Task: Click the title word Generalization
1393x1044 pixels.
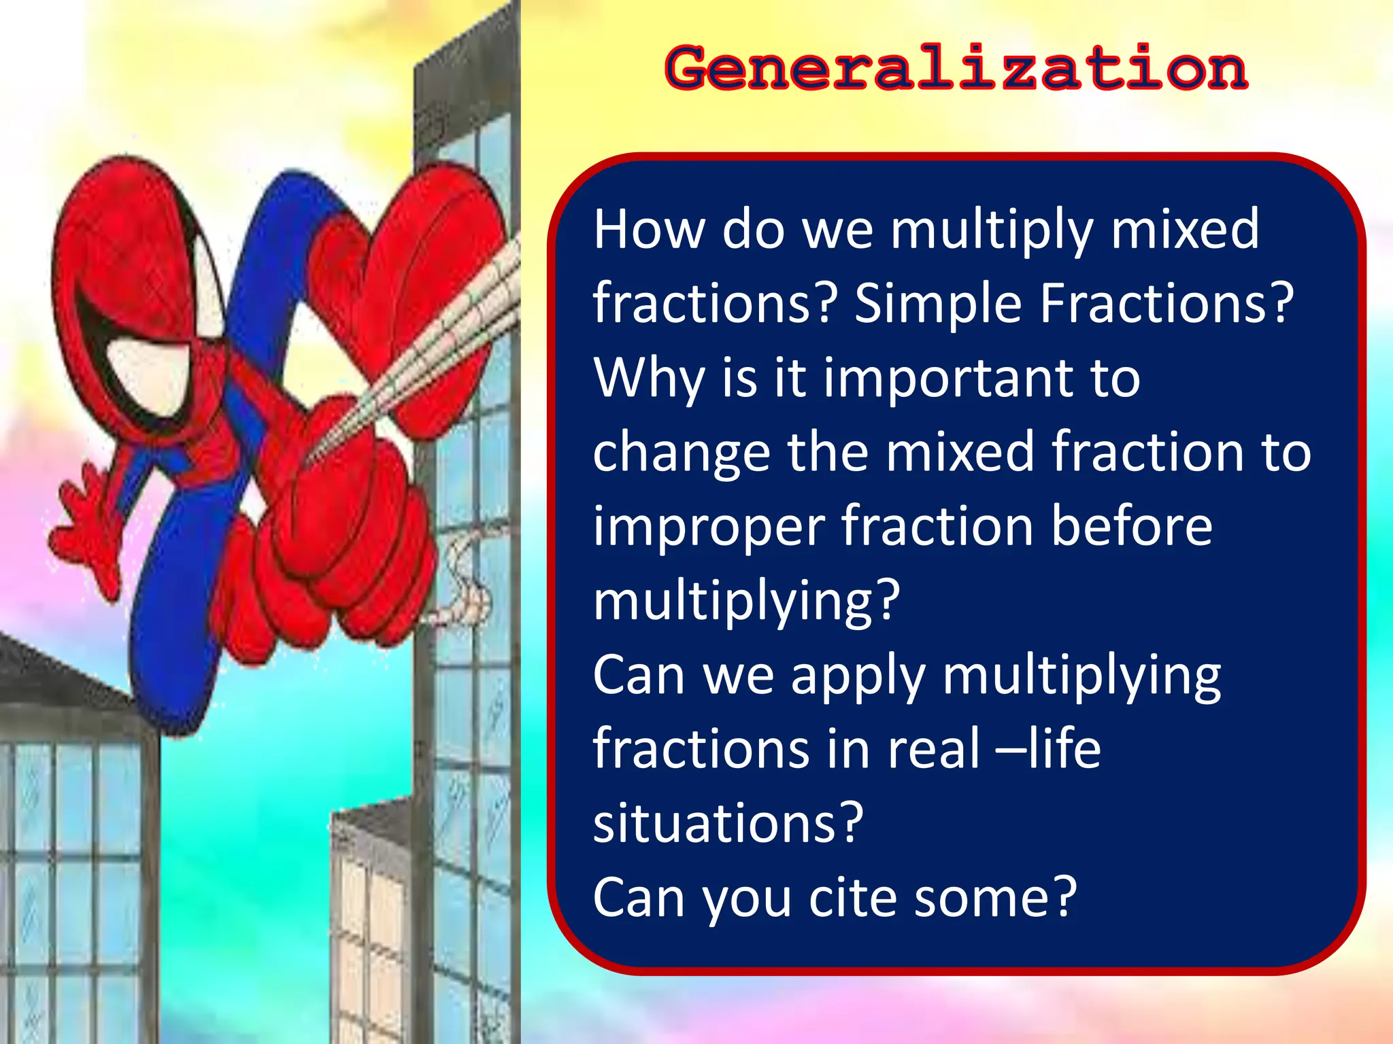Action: coord(956,68)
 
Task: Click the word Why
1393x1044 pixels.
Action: coord(649,378)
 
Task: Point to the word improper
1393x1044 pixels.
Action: coord(708,527)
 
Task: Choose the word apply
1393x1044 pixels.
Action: coord(857,677)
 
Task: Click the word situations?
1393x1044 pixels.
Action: coord(728,823)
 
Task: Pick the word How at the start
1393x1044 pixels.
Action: coord(648,229)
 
